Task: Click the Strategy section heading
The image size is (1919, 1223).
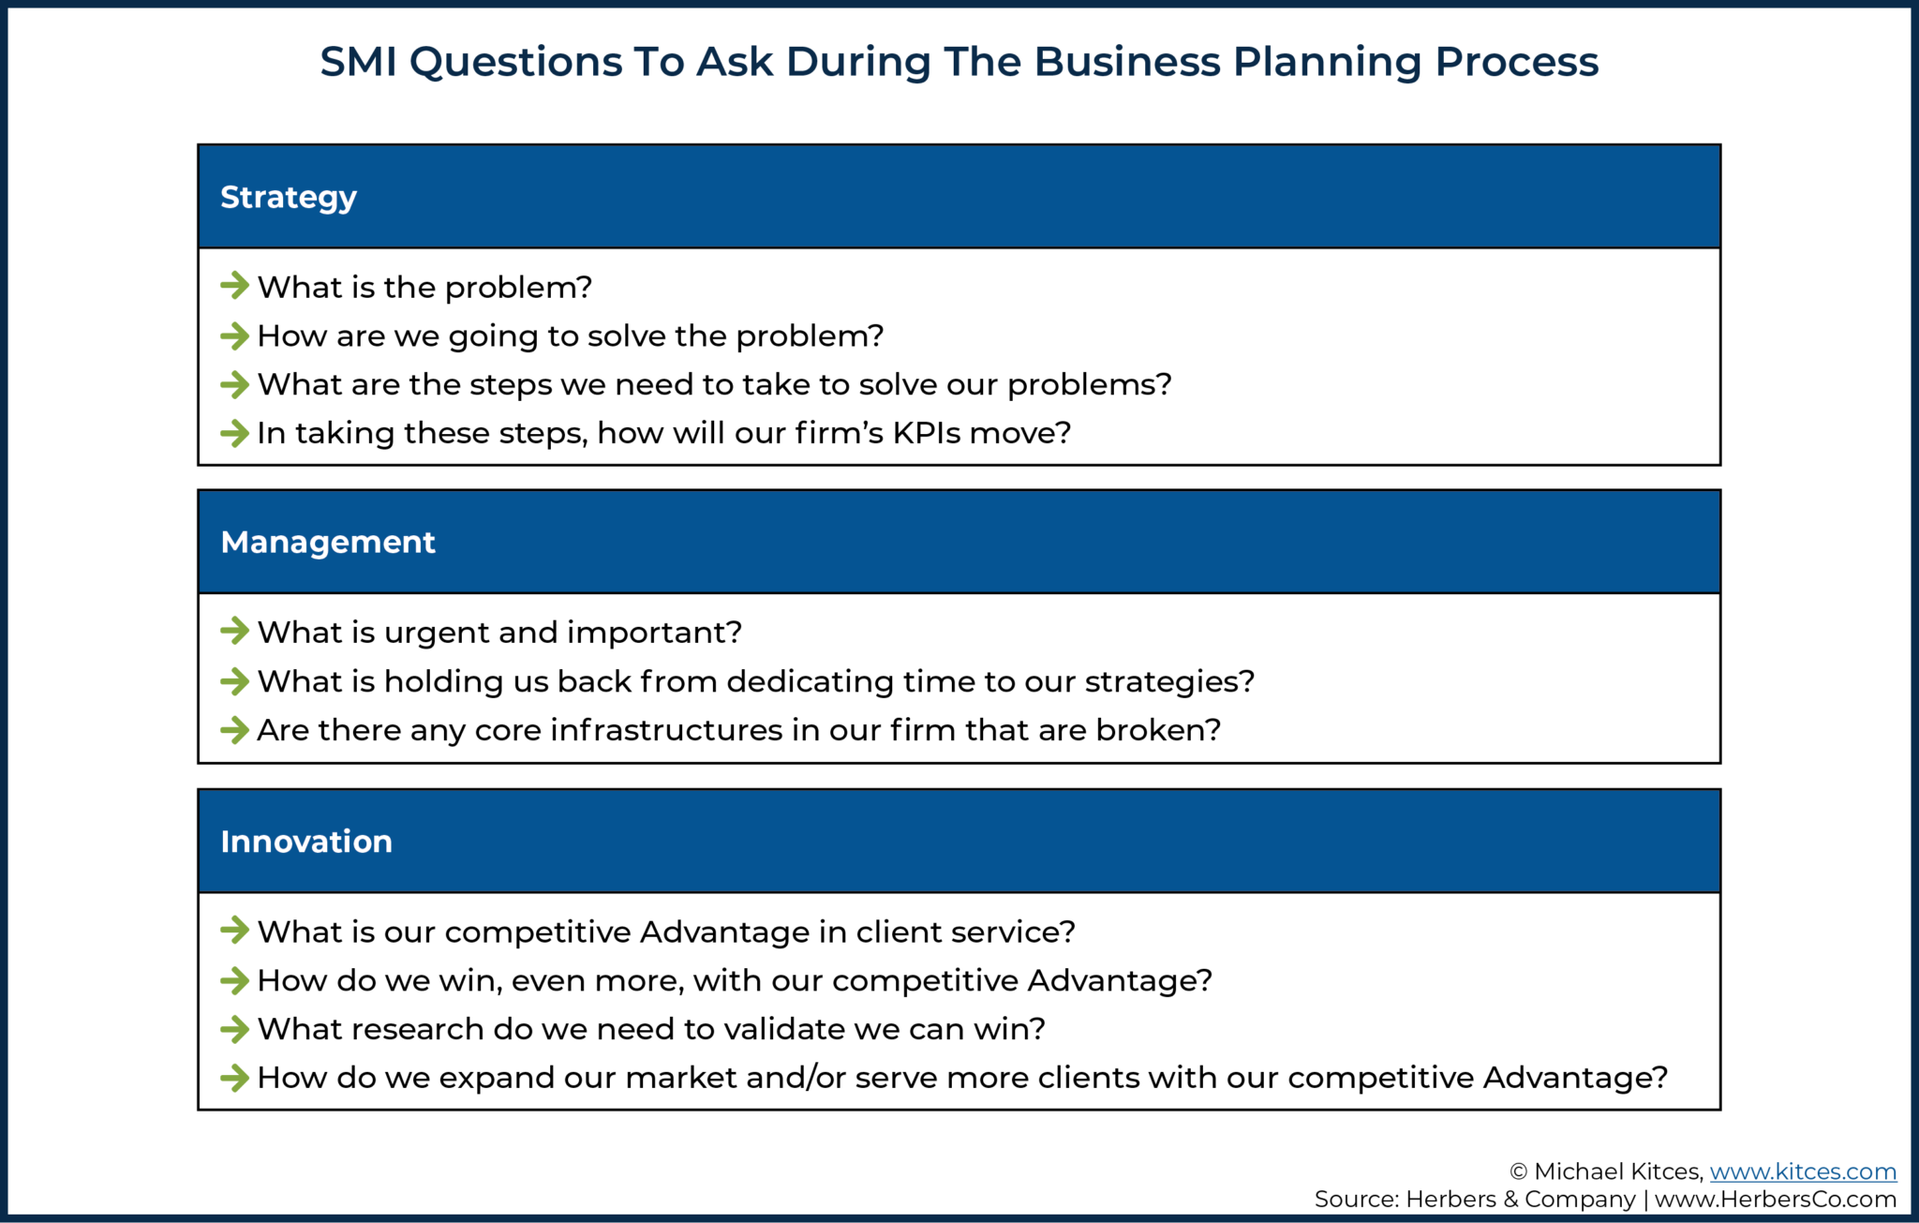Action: point(288,198)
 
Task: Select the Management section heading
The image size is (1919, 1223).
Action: point(327,543)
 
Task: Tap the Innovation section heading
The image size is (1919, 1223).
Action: point(305,842)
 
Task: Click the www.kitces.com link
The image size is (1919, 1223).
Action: point(1802,1171)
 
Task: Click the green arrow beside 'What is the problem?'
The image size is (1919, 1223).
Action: point(234,286)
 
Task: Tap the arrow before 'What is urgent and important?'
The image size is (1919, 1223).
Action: point(234,632)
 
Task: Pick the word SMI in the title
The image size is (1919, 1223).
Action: point(358,63)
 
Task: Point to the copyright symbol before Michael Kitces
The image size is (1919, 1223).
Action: point(1518,1172)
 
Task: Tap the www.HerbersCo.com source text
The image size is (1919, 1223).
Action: point(1775,1200)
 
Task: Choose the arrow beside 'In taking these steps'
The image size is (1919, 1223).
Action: point(234,433)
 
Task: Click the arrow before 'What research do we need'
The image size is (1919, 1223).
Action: point(234,1029)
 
